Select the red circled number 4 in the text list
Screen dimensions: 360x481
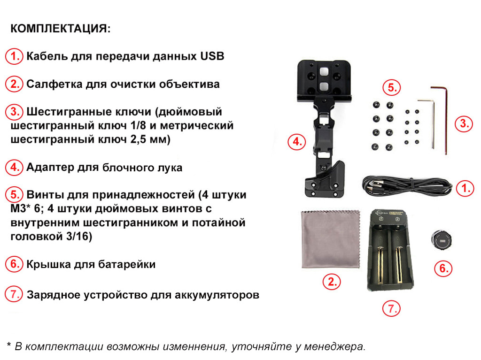click(x=15, y=168)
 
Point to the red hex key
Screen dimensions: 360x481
click(x=444, y=117)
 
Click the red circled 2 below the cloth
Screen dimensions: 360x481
click(x=332, y=282)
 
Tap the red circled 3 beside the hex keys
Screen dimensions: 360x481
click(x=464, y=124)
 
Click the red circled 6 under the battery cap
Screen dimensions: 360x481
click(x=442, y=268)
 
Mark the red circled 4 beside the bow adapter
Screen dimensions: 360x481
click(x=297, y=141)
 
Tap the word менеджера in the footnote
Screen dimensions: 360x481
click(x=334, y=347)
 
